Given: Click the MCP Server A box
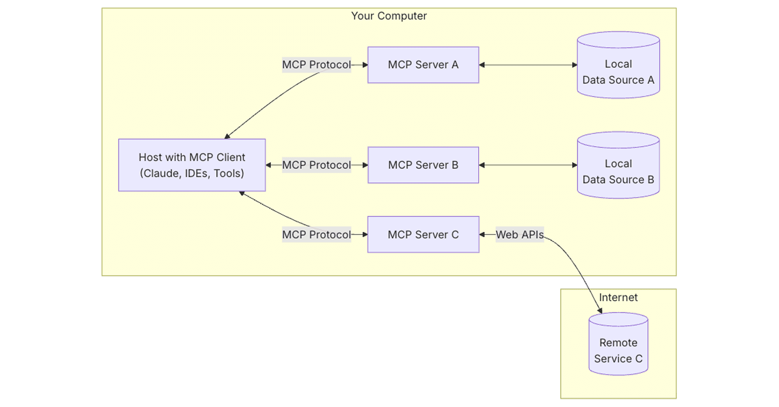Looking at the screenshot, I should pos(423,65).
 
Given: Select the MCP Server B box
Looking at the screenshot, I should pos(423,165).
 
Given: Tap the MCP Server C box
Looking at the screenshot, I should pos(423,234).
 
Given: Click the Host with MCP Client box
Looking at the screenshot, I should pos(192,165).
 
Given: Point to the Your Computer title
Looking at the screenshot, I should pos(389,16).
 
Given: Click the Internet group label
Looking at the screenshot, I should pos(618,297).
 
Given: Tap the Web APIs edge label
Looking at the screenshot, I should pos(520,235).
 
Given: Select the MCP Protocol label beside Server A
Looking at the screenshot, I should pos(316,65).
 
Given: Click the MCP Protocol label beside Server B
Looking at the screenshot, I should pos(316,165).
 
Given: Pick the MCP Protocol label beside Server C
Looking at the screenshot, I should pos(316,235).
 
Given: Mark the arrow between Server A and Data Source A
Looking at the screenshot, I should pos(528,65).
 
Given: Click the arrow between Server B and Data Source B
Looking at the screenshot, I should pos(528,165).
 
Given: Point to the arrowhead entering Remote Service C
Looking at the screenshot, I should pos(600,310).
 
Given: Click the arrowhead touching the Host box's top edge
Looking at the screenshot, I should pos(227,136).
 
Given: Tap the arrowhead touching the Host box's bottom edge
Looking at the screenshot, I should pos(242,193).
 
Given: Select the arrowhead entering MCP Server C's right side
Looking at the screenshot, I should pos(482,235).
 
